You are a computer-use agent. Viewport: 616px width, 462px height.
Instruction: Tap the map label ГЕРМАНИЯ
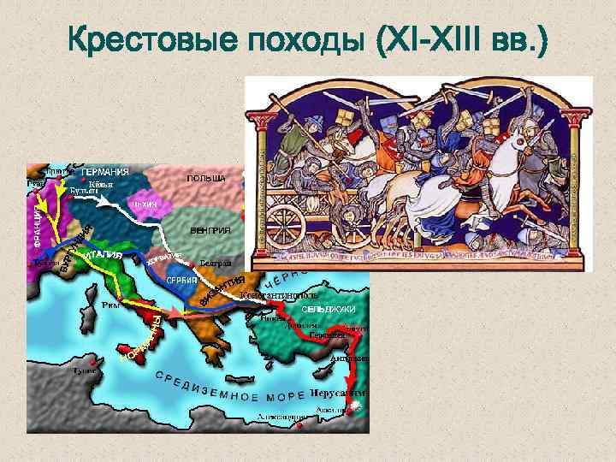tap(104, 172)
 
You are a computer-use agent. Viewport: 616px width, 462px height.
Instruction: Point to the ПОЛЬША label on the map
tap(205, 179)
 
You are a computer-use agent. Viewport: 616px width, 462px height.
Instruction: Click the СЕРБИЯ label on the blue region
tap(182, 281)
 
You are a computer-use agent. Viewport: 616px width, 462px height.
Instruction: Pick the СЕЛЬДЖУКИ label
tap(328, 308)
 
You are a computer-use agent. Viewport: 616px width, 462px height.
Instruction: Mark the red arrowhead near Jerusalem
tap(353, 409)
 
